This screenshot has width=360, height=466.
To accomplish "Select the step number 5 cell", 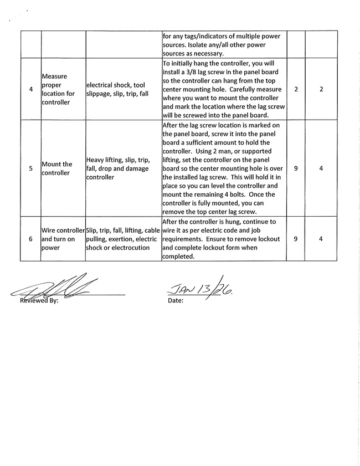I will click(30, 168).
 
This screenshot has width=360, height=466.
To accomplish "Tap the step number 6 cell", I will click(30, 239).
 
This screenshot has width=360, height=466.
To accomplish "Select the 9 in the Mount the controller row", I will click(296, 168).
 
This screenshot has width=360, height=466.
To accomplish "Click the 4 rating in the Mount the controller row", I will click(321, 168).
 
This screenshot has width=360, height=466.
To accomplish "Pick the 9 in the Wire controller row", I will click(296, 239).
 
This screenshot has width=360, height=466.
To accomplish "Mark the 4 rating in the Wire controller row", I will click(321, 239).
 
